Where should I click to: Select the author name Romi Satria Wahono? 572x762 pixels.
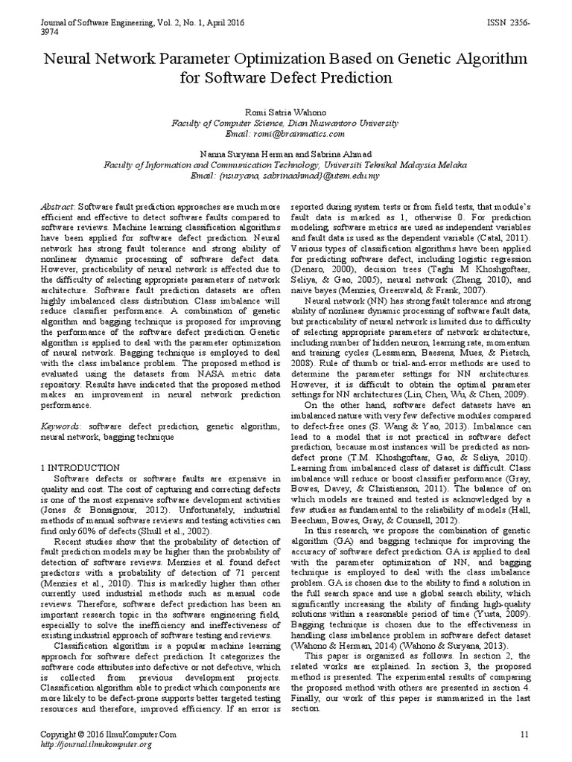tap(285, 111)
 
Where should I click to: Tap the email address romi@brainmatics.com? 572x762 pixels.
tap(285, 133)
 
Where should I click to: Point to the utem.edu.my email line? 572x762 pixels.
tap(285, 176)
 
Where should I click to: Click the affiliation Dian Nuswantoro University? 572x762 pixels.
tap(342, 122)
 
